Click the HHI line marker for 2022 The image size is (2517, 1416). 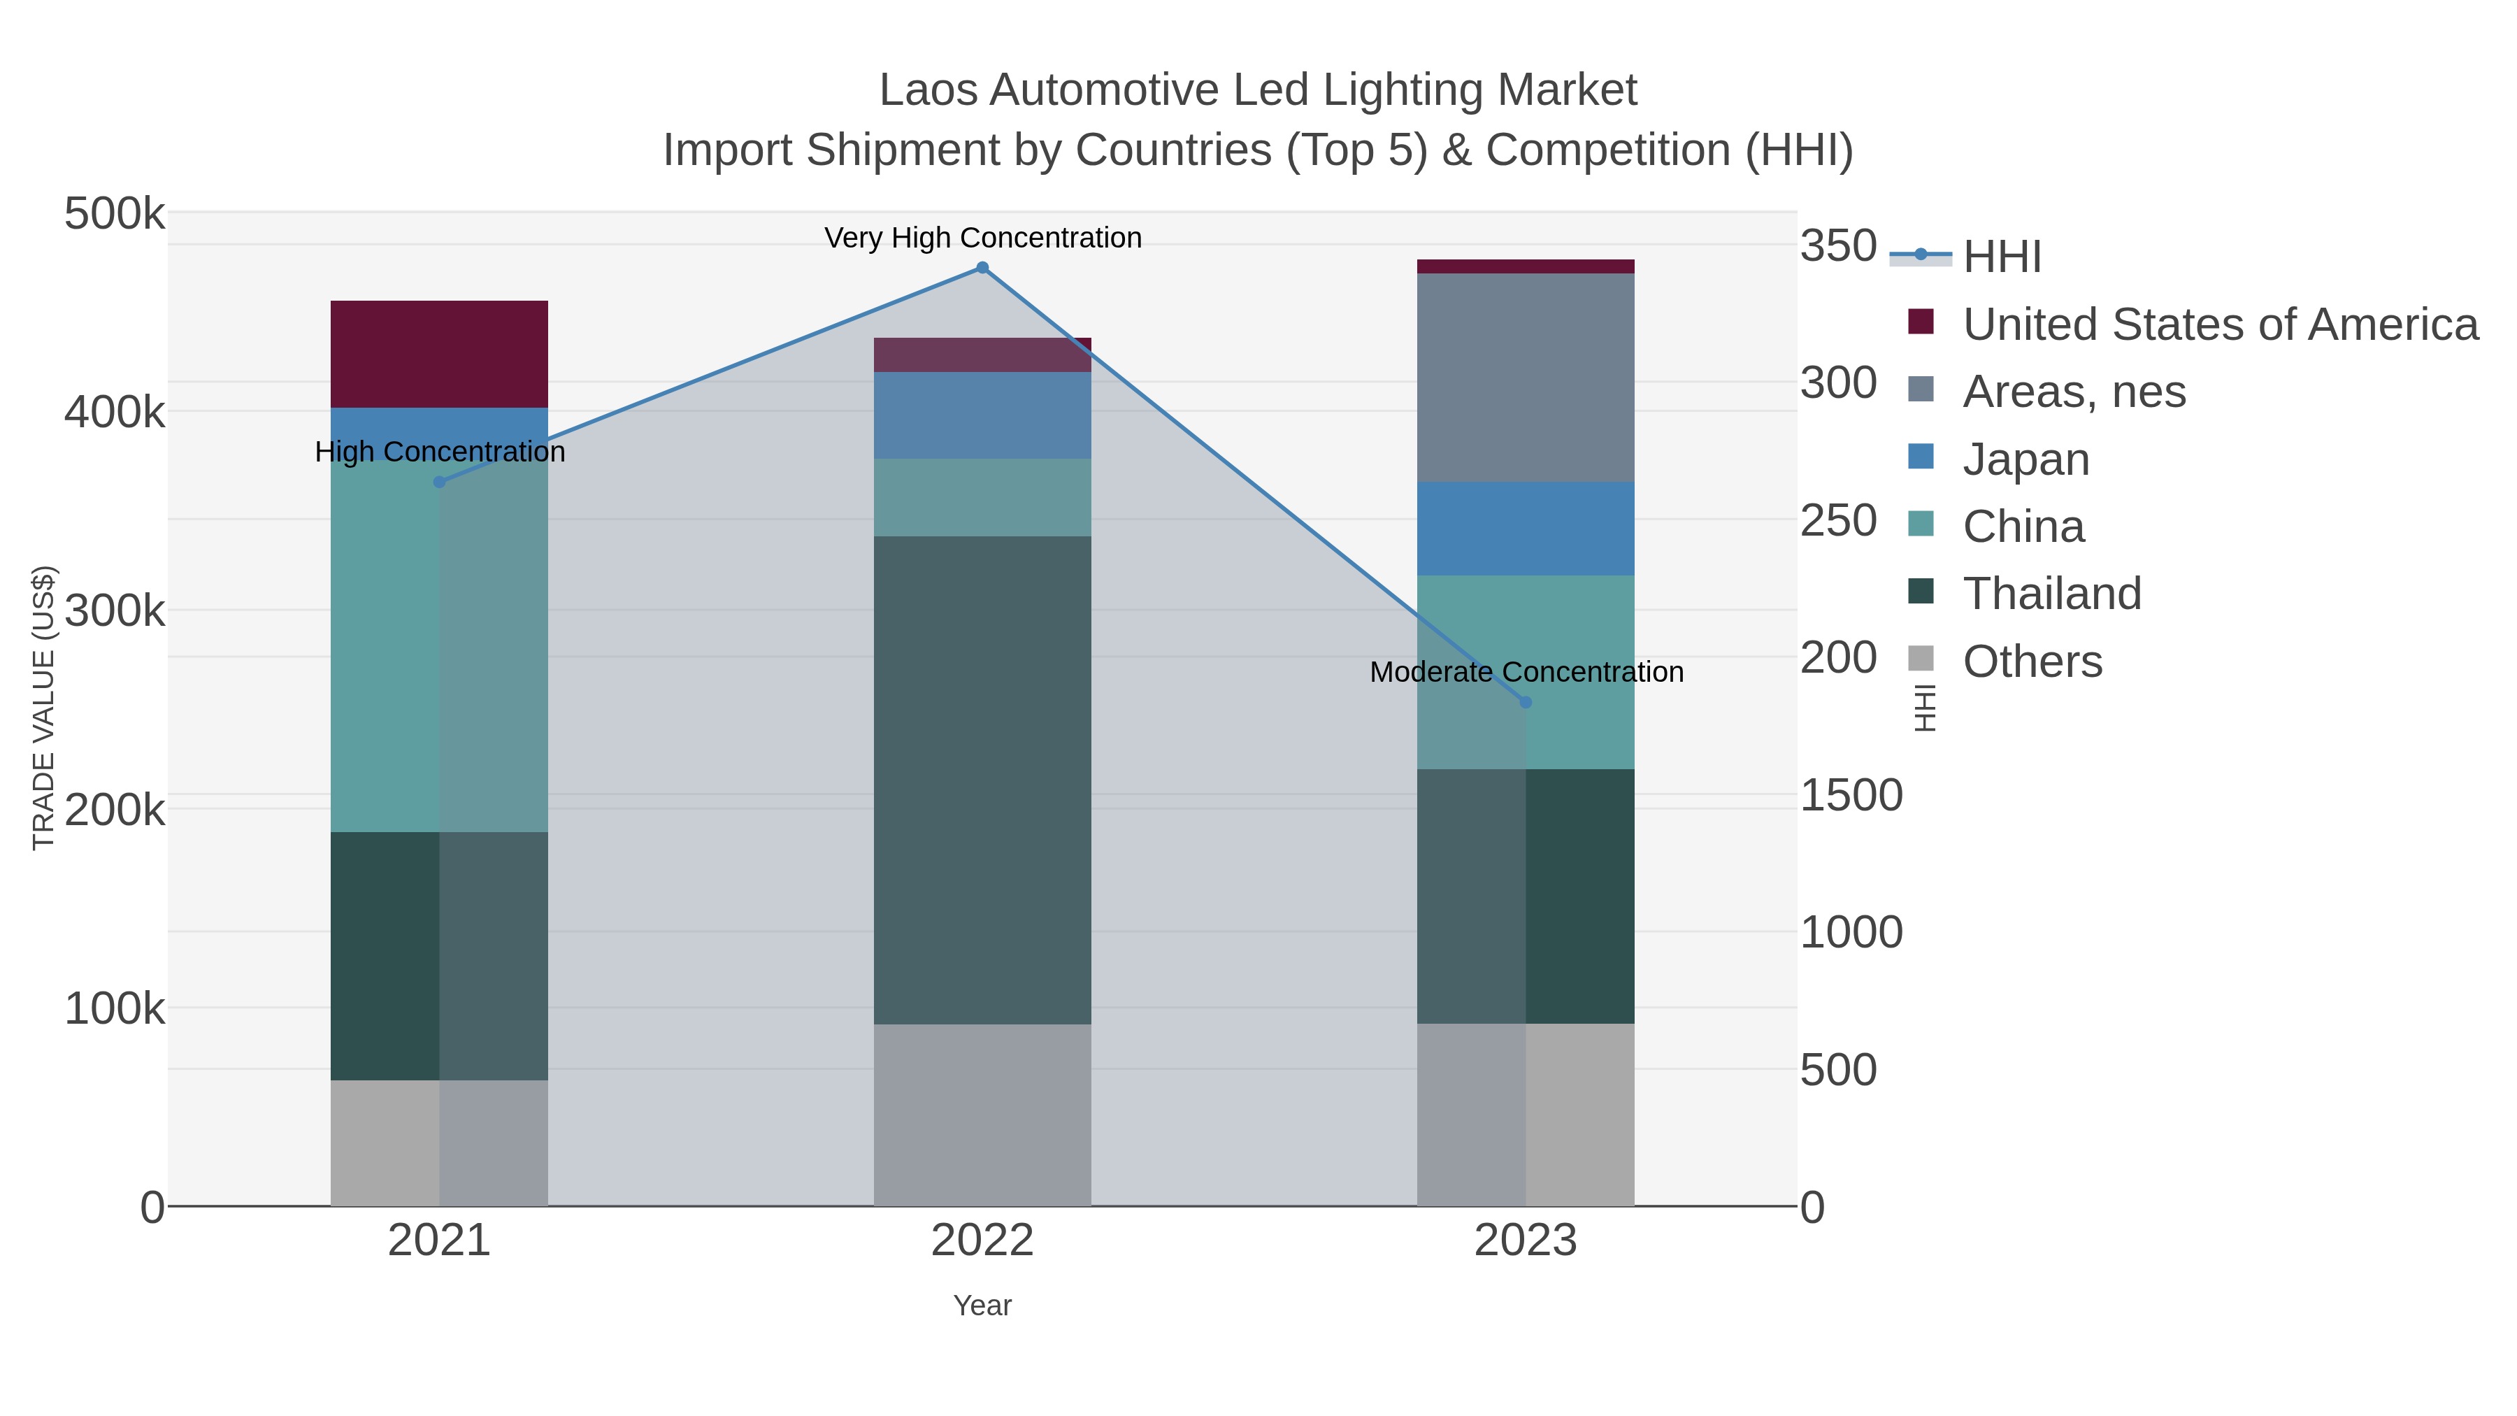click(982, 268)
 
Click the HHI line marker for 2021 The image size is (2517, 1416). click(438, 482)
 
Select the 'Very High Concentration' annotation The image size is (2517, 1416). click(982, 238)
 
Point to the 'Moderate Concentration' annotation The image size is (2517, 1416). click(1526, 672)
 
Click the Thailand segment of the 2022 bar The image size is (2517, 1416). click(982, 780)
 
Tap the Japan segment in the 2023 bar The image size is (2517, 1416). click(1526, 528)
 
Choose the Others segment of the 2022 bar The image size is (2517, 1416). click(982, 1115)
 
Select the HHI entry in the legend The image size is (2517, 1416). click(2001, 256)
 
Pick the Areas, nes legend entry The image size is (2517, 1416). click(2074, 392)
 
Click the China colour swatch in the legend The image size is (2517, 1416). click(1920, 524)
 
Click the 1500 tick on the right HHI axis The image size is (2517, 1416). click(1851, 796)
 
